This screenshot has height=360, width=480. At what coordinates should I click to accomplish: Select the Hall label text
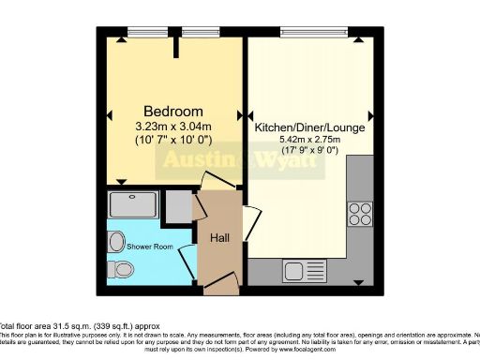[219, 239]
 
